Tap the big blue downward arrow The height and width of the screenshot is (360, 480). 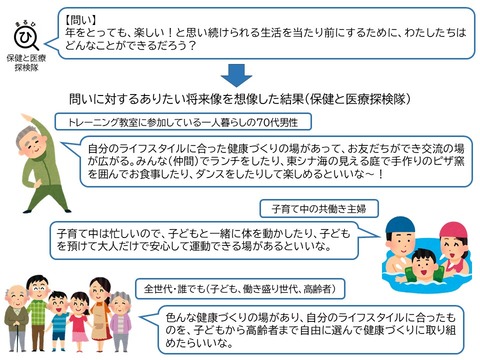tap(236, 76)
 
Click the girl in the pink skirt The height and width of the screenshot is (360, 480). tap(80, 322)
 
